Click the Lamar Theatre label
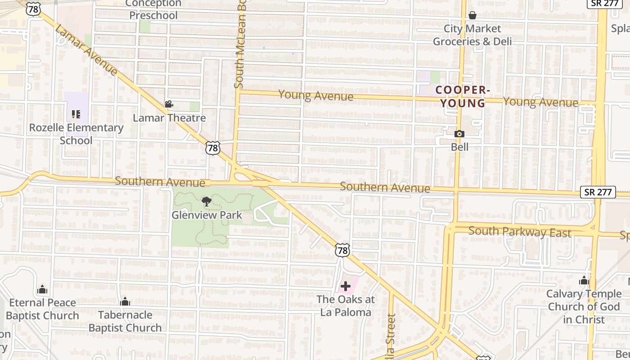[169, 118]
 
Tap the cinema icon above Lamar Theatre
[169, 105]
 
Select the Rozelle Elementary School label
[76, 134]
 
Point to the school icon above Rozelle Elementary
[76, 114]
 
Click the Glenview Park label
[207, 215]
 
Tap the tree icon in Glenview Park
[207, 202]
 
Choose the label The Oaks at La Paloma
[346, 306]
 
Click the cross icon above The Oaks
[346, 286]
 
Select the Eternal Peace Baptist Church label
[43, 309]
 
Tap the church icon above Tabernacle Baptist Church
[125, 301]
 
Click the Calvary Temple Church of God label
[585, 306]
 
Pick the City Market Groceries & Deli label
[472, 35]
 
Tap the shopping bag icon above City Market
[472, 16]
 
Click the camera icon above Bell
[459, 134]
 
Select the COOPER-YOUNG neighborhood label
[463, 97]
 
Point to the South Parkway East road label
[520, 232]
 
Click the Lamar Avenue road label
[85, 49]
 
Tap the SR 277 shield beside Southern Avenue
[598, 192]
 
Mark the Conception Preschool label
[153, 9]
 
